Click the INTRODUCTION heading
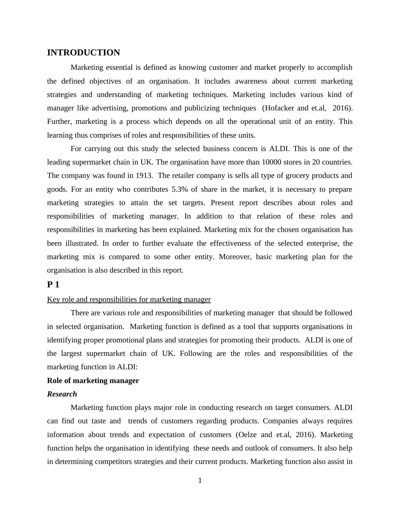tap(83, 53)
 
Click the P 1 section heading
tap(53, 285)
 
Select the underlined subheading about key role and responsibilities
tap(129, 299)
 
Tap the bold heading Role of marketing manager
tap(93, 381)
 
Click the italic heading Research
tap(62, 394)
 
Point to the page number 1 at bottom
tap(200, 481)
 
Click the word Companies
tap(280, 421)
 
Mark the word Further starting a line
tap(59, 122)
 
